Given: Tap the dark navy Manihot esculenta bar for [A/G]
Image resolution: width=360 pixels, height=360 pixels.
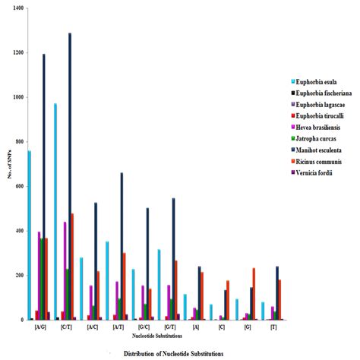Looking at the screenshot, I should (43, 187).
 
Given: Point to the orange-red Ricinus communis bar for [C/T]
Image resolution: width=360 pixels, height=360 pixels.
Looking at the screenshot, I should (73, 266).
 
